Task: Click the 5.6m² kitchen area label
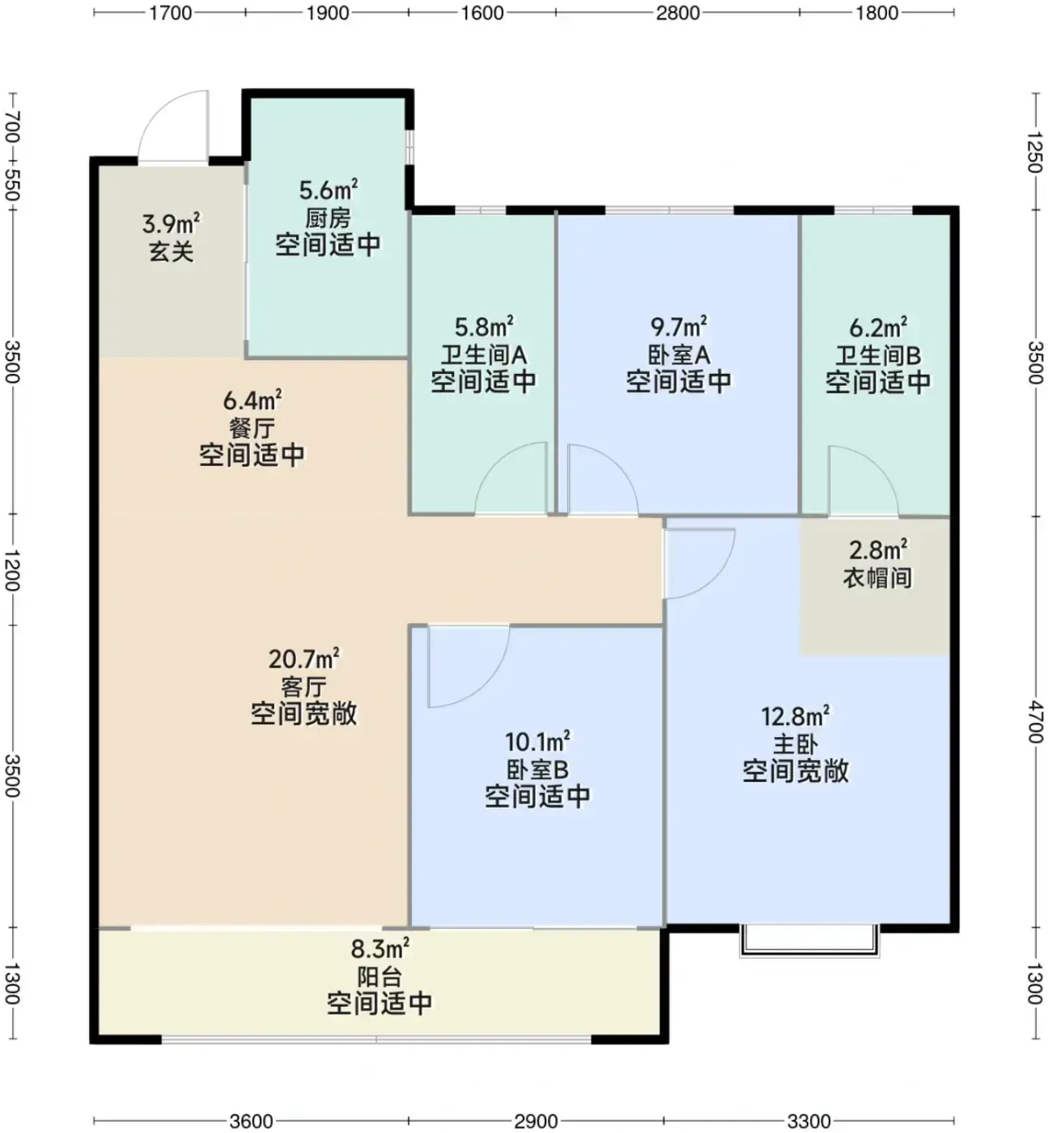click(x=329, y=189)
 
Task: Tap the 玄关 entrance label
click(x=171, y=252)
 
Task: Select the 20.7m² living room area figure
click(x=303, y=660)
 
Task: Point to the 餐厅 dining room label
click(x=252, y=428)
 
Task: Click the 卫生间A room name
click(x=483, y=355)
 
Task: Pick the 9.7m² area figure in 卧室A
click(x=679, y=328)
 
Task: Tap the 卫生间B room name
click(x=878, y=355)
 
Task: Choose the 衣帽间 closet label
click(x=877, y=578)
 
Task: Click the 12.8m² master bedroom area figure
click(x=796, y=716)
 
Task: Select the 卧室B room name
click(x=537, y=770)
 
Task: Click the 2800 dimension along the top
click(x=677, y=13)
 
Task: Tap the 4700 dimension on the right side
click(x=1035, y=722)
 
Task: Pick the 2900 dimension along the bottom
click(x=536, y=1121)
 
